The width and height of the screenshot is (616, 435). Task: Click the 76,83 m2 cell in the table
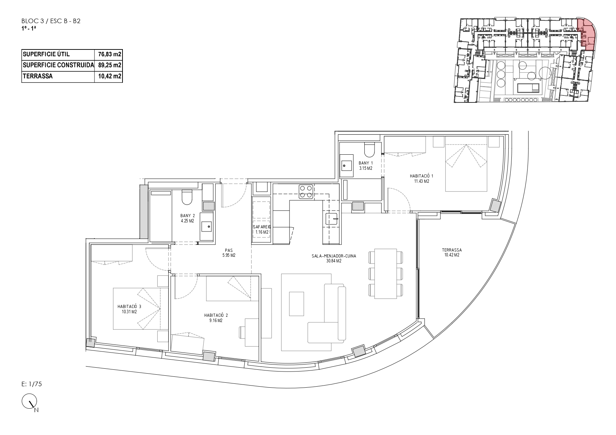coord(108,54)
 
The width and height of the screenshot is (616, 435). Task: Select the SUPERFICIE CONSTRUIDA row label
coord(58,65)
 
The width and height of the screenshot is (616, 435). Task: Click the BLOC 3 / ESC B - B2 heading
coord(51,21)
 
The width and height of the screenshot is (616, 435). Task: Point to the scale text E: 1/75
coord(32,384)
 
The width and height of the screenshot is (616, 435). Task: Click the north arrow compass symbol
coord(29,402)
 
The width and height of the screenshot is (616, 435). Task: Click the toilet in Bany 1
coord(370,150)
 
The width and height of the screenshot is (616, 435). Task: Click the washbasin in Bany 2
coord(206,227)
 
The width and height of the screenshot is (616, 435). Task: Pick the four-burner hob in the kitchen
coord(306,192)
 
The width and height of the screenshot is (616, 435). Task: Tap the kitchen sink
coord(331,219)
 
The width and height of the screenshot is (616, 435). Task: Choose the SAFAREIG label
coord(261,229)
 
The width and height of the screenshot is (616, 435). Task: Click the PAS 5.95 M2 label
coord(229,253)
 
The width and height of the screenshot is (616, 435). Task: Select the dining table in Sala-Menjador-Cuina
coord(386,274)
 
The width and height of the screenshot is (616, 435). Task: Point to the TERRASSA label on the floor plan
coord(452,253)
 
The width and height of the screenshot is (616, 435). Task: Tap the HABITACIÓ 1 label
coord(422,179)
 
